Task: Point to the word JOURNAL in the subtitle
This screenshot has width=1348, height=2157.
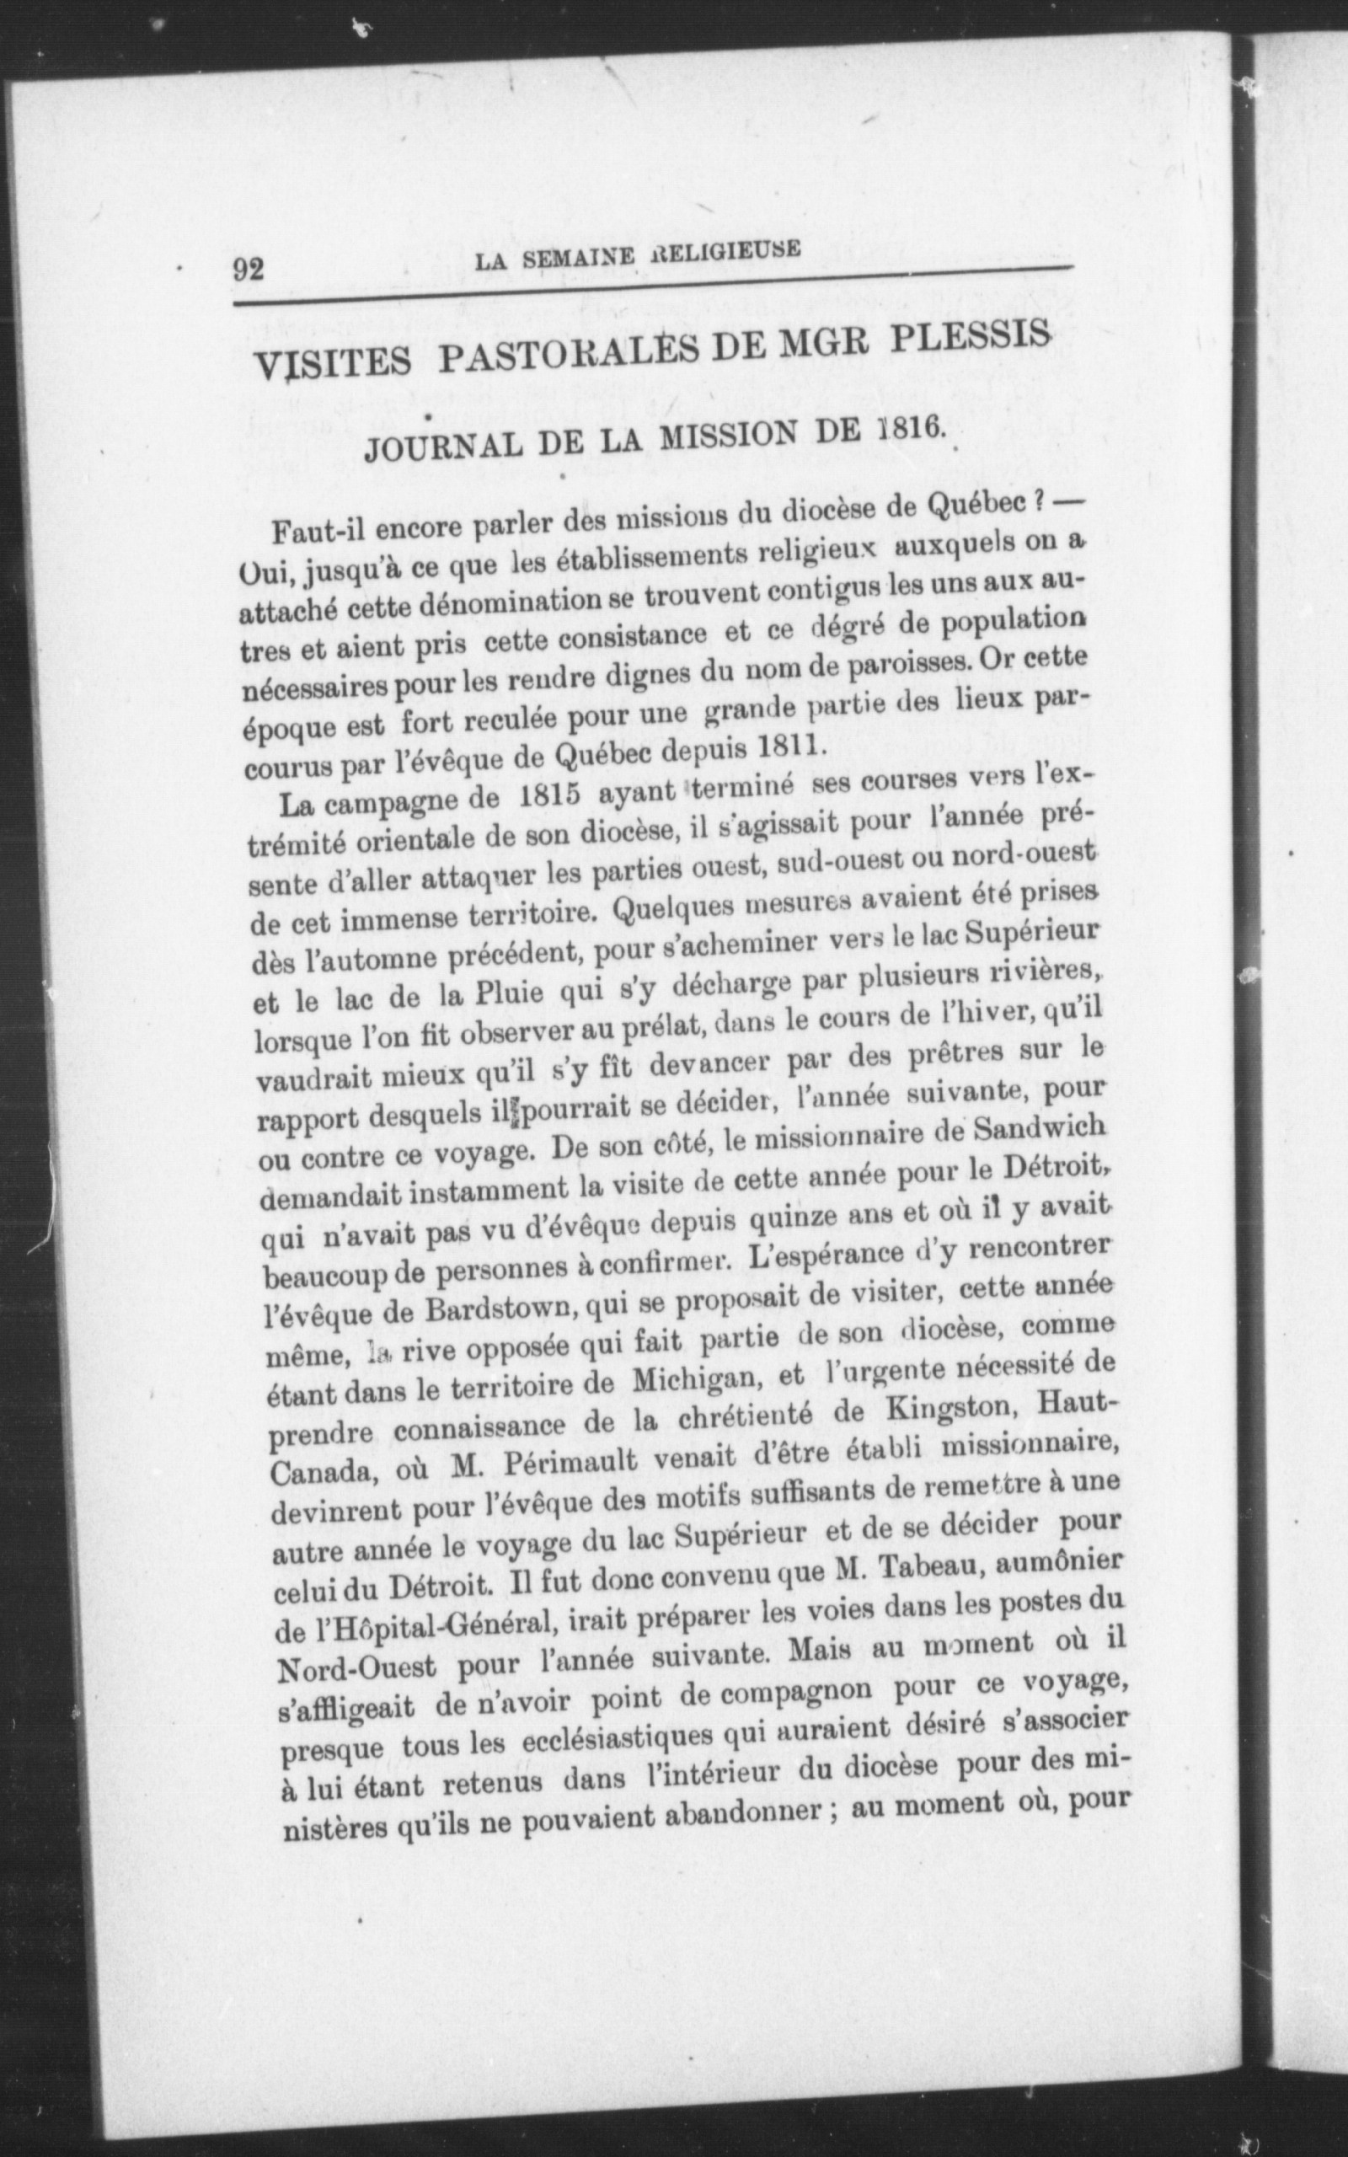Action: click(x=432, y=447)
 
